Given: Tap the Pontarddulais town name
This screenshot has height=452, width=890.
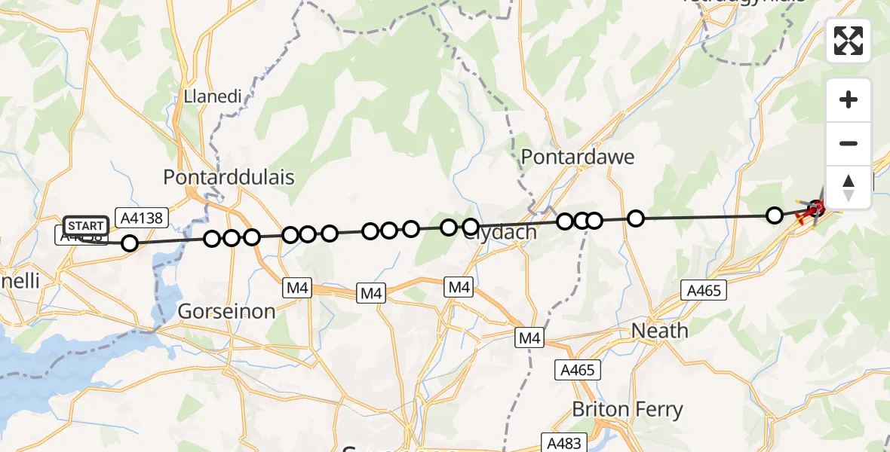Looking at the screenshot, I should click(x=229, y=177).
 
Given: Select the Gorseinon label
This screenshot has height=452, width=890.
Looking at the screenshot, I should click(x=226, y=310).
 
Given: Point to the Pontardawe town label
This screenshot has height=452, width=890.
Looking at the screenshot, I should click(x=578, y=157).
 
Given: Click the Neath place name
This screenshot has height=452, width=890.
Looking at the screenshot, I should click(x=659, y=330).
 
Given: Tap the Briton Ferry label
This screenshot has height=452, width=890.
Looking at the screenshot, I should click(x=628, y=410).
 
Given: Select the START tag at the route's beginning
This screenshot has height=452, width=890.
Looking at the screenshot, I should click(x=85, y=225).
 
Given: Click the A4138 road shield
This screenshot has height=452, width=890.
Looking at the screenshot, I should click(x=142, y=218).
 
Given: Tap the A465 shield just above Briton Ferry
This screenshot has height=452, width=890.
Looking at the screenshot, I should click(x=578, y=370).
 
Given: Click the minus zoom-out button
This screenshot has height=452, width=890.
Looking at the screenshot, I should click(x=849, y=143).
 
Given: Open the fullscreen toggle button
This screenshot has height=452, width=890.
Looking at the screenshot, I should click(x=849, y=41).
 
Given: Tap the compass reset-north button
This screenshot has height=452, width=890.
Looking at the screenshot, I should click(x=849, y=187).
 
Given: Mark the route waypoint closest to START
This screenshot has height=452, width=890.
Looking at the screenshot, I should click(x=130, y=243).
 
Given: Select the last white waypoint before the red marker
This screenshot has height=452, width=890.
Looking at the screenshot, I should click(x=774, y=215).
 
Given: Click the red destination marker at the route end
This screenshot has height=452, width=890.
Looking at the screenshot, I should click(x=815, y=208).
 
